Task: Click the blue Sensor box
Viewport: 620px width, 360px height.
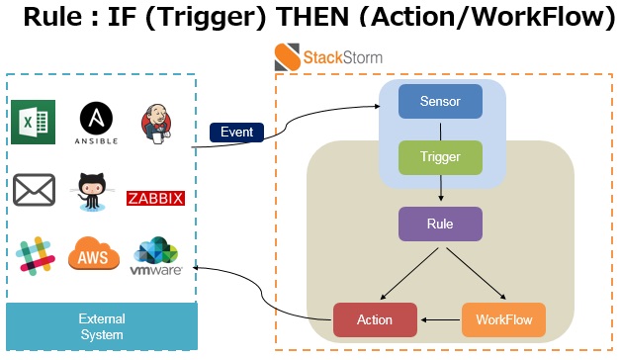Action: coord(440,102)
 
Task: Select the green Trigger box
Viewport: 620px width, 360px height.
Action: coord(440,158)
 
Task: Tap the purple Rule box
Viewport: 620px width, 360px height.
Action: coord(440,224)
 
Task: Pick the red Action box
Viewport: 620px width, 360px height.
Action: coord(375,319)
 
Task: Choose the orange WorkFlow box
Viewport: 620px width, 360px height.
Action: coord(503,319)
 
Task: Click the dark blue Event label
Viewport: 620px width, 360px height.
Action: coord(236,132)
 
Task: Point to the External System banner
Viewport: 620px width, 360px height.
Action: coord(102,326)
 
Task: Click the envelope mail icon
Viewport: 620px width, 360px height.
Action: coord(34,189)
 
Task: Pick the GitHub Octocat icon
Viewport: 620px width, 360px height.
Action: coord(95,192)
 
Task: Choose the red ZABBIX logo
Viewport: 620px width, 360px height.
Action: coord(156,199)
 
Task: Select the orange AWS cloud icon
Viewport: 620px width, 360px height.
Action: coord(94,256)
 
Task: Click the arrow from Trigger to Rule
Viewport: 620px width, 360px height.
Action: coord(440,191)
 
